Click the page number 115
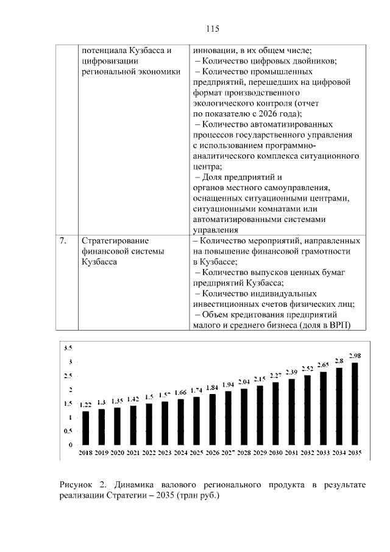coord(212,29)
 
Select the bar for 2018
coord(86,428)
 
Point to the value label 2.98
coord(354,355)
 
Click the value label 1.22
coord(86,404)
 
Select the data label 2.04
coord(244,381)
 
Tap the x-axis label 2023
coord(165,453)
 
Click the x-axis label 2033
coord(322,453)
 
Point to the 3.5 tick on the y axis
coord(68,348)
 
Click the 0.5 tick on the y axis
coord(68,431)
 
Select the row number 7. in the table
coord(63,242)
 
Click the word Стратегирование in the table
coord(115,242)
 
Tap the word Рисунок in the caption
coord(76,484)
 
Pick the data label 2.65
coord(322,364)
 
